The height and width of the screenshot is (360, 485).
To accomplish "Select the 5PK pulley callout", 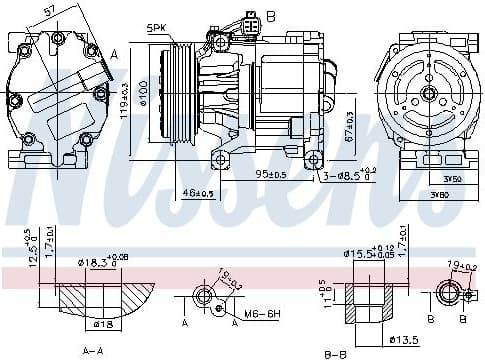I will [158, 27].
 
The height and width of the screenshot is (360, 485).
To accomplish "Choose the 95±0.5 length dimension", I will [270, 176].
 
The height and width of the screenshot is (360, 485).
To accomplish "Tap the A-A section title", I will [93, 351].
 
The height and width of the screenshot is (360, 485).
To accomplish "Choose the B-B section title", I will [335, 353].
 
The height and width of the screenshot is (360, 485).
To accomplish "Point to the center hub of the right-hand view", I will [427, 94].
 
